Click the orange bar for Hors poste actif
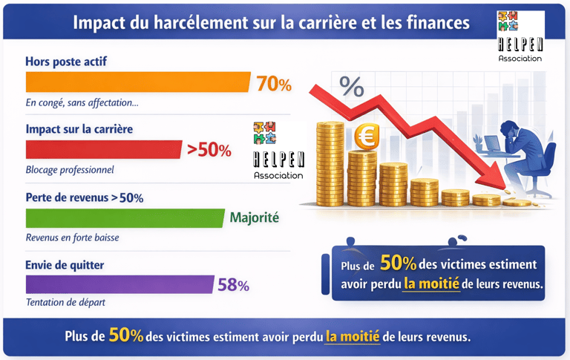point(137,82)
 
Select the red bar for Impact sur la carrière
point(103,150)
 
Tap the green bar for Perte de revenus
point(124,218)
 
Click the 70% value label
point(274,85)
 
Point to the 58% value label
point(233,285)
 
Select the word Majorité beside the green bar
point(255,218)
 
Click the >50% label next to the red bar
point(209,151)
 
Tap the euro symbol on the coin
point(364,137)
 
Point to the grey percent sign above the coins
point(352,88)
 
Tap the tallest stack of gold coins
point(330,163)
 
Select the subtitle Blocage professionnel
point(70,170)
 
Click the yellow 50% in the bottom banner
point(125,336)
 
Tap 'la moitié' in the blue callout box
point(431,284)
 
